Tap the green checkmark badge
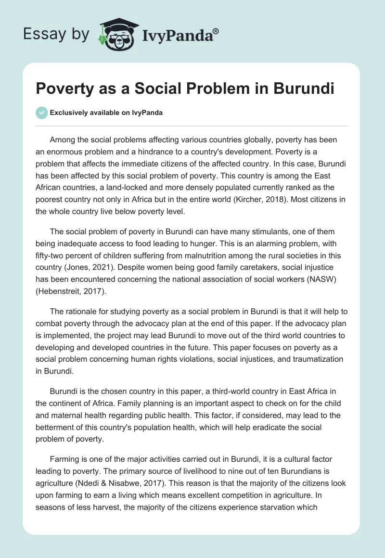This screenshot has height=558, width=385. point(41,113)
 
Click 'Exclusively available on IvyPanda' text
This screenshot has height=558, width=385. point(106,113)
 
